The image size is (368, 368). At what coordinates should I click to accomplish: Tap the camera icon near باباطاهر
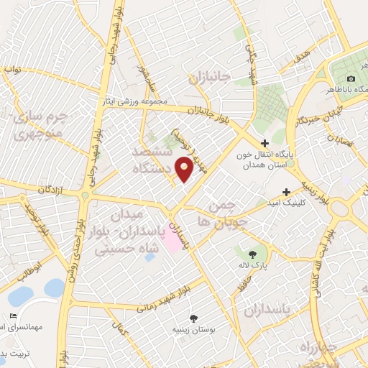351,78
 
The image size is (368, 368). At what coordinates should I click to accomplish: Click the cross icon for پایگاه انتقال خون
265,144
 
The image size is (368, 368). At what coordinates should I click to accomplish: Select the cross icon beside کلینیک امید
287,192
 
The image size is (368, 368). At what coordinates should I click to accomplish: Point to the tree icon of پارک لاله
252,254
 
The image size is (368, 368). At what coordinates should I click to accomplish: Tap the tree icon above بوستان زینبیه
193,318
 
